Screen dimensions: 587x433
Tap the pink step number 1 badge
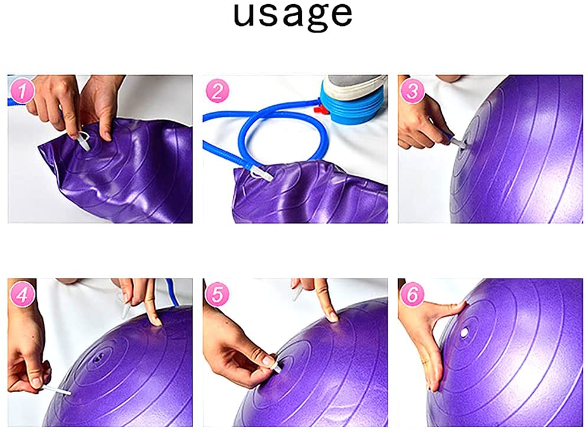click(22, 91)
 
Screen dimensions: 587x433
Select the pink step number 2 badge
click(217, 91)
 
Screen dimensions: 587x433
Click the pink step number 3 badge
click(412, 91)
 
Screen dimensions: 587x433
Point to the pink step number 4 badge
click(22, 295)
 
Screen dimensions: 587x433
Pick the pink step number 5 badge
click(217, 295)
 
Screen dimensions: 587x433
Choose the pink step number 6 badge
click(412, 295)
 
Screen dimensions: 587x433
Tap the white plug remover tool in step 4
click(57, 390)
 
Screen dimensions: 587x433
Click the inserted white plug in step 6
click(465, 332)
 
